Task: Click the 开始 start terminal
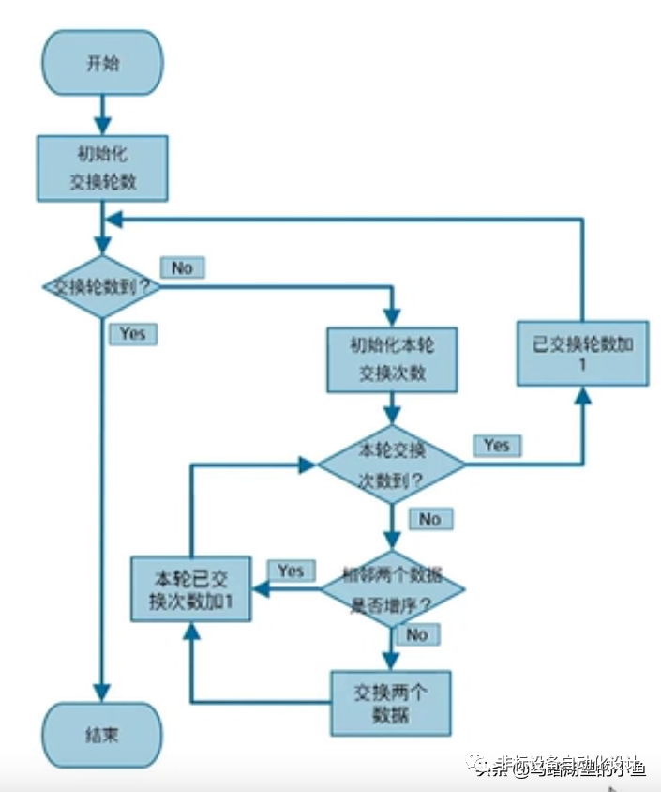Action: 102,65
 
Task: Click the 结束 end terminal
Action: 102,735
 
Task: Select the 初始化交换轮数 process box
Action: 102,167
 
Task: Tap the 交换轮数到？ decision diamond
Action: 102,287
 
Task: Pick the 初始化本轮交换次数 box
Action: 392,358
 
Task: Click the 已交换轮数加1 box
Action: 582,353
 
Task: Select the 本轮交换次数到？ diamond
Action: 392,465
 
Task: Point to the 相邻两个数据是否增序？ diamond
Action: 393,588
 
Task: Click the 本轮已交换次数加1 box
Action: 191,587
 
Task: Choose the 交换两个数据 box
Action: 391,703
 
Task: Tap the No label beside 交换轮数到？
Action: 182,267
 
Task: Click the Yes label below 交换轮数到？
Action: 132,333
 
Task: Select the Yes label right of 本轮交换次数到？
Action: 496,445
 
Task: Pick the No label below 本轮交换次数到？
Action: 429,519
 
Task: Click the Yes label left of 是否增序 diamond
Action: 291,571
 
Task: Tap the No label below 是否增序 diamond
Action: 416,635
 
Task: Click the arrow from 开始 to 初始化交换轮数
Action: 102,114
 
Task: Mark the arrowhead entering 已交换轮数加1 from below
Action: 582,397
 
